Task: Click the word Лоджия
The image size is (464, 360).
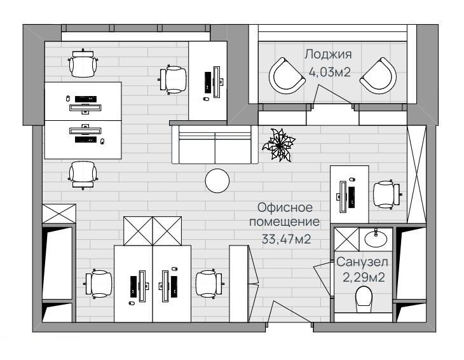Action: point(328,55)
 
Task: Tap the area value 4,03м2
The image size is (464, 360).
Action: point(329,72)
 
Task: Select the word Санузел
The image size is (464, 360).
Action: point(362,262)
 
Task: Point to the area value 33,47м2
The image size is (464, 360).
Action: point(286,239)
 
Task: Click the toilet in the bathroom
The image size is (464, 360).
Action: point(364,299)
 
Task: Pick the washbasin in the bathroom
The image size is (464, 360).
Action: point(376,238)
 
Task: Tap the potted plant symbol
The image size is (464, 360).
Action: point(278,145)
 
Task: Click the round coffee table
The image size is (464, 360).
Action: point(217,181)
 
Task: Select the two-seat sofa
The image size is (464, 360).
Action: point(215,144)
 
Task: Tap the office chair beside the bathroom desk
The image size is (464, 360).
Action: point(386,195)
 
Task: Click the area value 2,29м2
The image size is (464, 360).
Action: point(364,278)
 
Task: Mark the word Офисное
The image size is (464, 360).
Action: point(285,207)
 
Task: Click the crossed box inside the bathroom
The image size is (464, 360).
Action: point(346,239)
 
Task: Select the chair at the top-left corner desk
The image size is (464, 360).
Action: point(83,64)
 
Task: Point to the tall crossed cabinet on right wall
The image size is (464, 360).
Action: point(417,174)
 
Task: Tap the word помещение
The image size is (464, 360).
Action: point(284,222)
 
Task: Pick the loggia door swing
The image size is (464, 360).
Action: point(332,95)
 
